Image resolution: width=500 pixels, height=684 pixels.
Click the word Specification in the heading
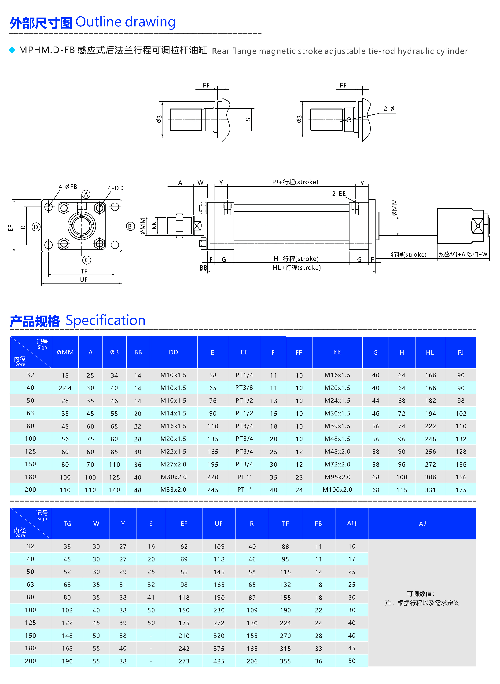click(x=105, y=320)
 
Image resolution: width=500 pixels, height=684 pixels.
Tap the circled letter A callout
click(x=86, y=194)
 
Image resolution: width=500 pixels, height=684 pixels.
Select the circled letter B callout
click(x=130, y=226)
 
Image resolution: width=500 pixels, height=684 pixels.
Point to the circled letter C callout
click(x=87, y=260)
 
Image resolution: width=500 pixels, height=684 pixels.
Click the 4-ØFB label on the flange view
click(x=68, y=187)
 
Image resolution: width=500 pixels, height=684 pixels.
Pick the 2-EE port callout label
click(x=339, y=193)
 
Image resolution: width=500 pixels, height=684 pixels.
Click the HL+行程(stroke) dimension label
click(x=297, y=268)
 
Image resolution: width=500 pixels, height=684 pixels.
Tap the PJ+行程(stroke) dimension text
click(x=295, y=182)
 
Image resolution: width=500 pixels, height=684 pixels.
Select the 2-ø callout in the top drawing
click(x=389, y=109)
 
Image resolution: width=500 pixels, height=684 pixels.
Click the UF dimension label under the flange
click(x=84, y=280)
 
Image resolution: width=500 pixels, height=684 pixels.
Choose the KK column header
click(x=337, y=352)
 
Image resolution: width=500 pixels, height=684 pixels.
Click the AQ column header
click(x=352, y=523)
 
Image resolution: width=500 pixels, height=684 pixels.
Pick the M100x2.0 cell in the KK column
click(x=337, y=490)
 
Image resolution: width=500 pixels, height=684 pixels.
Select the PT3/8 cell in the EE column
click(x=244, y=388)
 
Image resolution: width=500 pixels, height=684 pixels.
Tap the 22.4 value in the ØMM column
click(x=65, y=388)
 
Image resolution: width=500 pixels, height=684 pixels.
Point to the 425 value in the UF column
click(x=219, y=661)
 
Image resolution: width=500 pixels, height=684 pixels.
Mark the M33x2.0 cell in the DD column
click(x=173, y=490)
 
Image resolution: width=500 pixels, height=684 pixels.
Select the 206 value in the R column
click(x=252, y=661)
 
